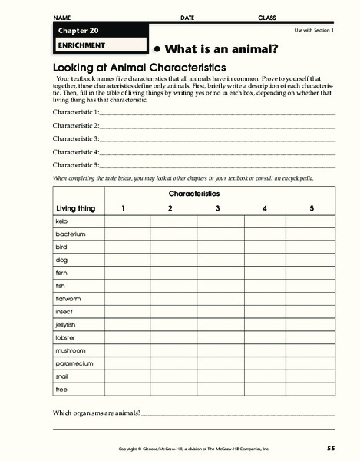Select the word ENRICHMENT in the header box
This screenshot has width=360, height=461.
(x=80, y=45)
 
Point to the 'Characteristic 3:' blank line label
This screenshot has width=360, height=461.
(x=76, y=139)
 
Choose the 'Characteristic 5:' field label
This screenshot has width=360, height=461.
(x=76, y=165)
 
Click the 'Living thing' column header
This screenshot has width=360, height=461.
(x=76, y=208)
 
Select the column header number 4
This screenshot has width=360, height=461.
(x=265, y=208)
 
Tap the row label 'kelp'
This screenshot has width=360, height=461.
(x=62, y=221)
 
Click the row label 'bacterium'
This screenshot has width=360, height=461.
(x=70, y=234)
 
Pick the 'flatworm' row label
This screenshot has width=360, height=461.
(x=68, y=298)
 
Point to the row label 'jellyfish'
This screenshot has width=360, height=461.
(x=66, y=324)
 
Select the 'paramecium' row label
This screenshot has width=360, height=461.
(x=74, y=363)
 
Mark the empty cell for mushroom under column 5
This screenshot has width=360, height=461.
(x=311, y=350)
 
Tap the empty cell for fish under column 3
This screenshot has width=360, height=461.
(x=218, y=285)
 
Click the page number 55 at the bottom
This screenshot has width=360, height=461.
(x=330, y=448)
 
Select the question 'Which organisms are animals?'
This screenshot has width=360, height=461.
(x=96, y=413)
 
